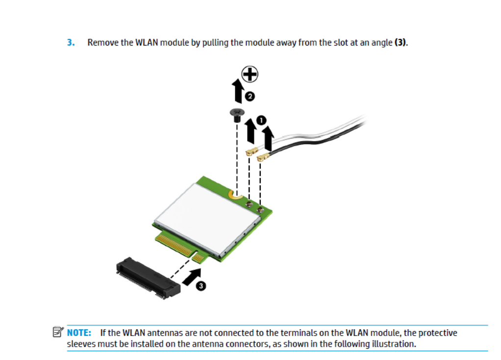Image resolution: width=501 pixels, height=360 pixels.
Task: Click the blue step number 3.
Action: click(71, 43)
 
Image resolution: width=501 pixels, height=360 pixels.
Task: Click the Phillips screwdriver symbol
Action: click(250, 74)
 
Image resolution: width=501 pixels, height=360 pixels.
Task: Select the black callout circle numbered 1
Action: click(262, 120)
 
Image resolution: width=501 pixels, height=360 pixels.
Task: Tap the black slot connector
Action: click(148, 278)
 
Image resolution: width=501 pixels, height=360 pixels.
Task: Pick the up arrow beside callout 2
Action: click(238, 92)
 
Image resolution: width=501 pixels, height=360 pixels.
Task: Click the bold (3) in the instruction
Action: click(401, 43)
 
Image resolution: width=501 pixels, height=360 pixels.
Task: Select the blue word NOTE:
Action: click(79, 333)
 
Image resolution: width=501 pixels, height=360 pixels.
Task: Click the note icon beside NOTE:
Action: click(58, 332)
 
